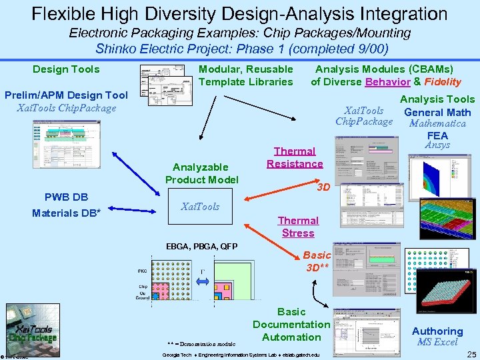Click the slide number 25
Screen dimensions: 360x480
pyautogui.click(x=471, y=354)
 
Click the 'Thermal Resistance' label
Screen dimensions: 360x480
pyautogui.click(x=295, y=157)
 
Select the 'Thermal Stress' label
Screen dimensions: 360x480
pyautogui.click(x=298, y=227)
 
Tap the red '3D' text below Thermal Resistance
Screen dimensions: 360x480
pyautogui.click(x=323, y=187)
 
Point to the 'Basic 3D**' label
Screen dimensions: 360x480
pyautogui.click(x=317, y=261)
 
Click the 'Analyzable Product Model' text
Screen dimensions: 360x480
pyautogui.click(x=201, y=173)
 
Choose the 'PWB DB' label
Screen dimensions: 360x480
pyautogui.click(x=66, y=197)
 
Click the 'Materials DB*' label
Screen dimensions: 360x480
pyautogui.click(x=66, y=213)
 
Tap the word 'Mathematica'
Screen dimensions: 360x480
pyautogui.click(x=437, y=123)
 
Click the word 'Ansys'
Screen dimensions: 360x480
pyautogui.click(x=437, y=145)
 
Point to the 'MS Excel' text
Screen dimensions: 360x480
pyautogui.click(x=437, y=342)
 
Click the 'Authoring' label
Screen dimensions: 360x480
pyautogui.click(x=437, y=331)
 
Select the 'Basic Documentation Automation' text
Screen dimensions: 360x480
pyautogui.click(x=291, y=324)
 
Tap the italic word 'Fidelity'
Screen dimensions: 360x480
pyautogui.click(x=442, y=82)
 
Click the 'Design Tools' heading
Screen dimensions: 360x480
pyautogui.click(x=66, y=69)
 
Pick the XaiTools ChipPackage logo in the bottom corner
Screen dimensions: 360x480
pyautogui.click(x=30, y=331)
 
